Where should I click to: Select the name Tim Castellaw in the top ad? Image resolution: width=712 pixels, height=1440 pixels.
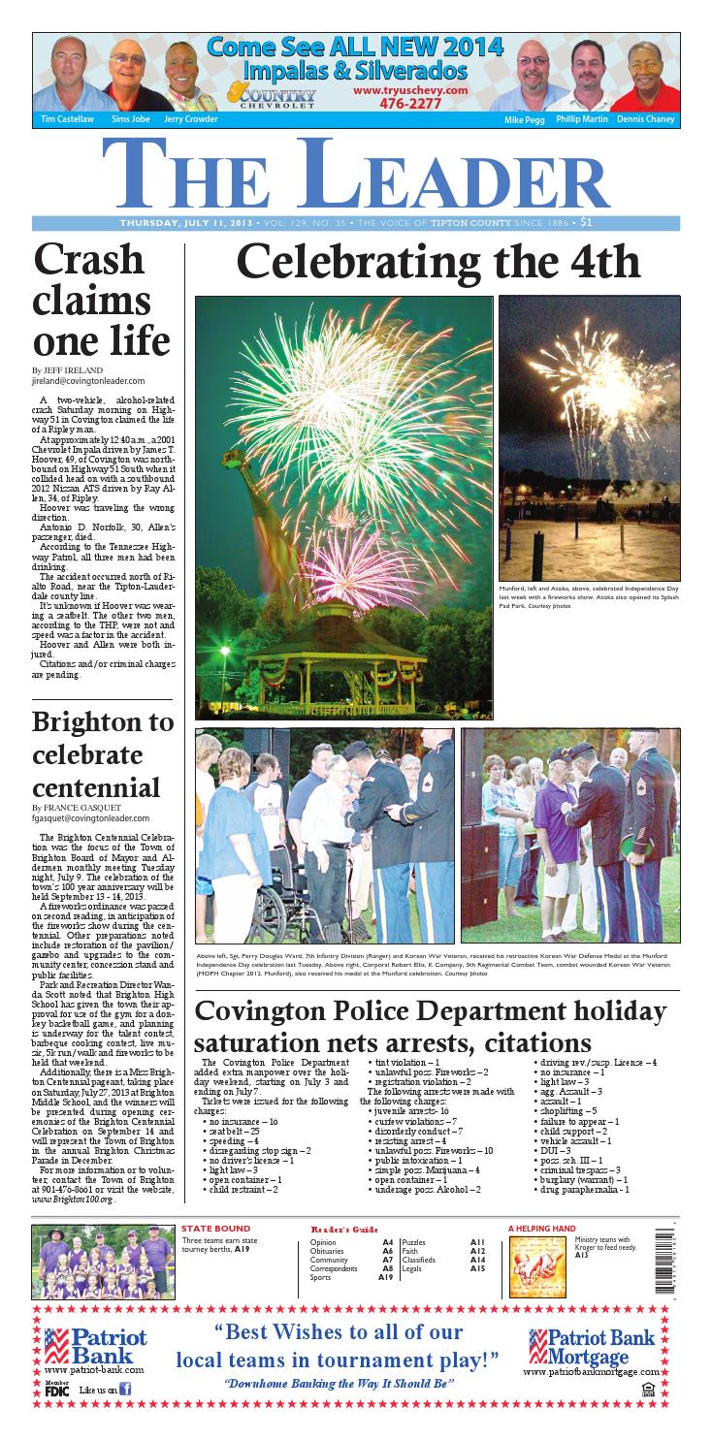61,119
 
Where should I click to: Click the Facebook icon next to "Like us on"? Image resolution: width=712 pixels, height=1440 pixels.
125,1390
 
